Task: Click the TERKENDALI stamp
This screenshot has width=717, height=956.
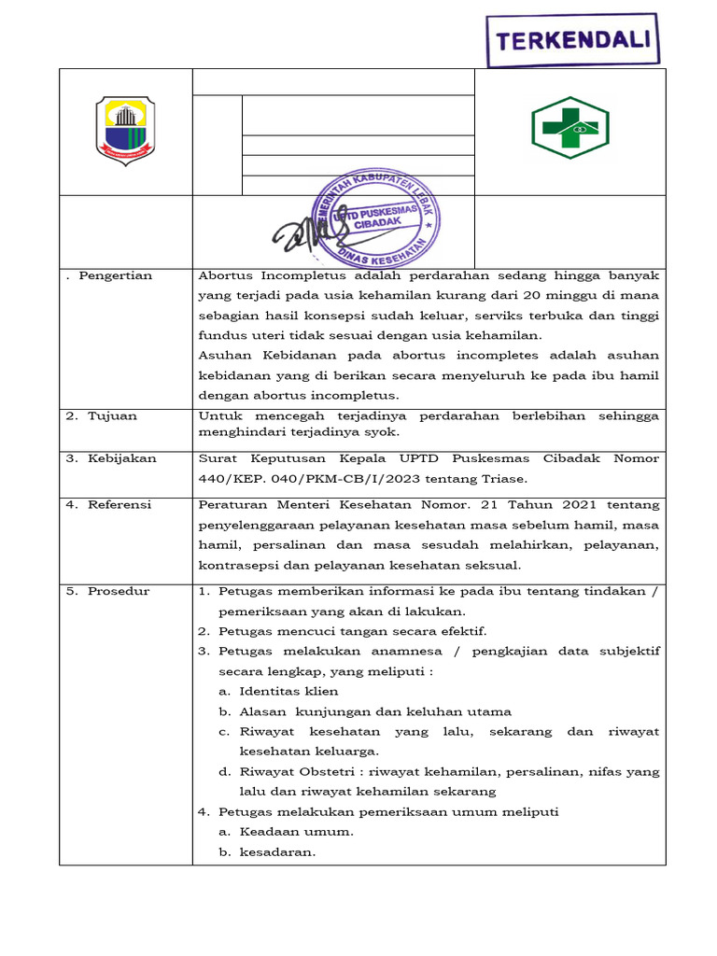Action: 573,41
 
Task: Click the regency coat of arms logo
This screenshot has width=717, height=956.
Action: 126,132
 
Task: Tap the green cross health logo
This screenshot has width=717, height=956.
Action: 569,127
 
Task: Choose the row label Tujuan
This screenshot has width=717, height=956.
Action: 112,415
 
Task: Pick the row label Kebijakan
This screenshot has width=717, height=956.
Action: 122,458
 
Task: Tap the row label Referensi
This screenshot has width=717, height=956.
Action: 119,504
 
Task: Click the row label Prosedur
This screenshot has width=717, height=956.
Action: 119,591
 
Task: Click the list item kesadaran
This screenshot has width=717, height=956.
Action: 278,851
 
